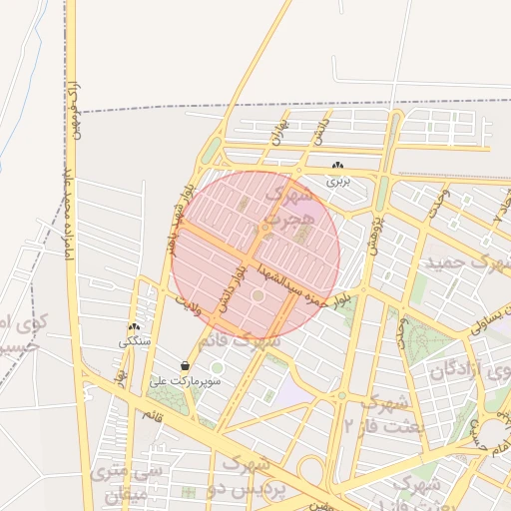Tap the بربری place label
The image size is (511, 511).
pos(340,182)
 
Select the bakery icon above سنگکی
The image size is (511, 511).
pos(133,326)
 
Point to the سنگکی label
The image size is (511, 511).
pos(134,341)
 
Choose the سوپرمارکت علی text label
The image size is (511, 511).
pos(174,380)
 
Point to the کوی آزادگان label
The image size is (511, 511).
pos(468,371)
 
